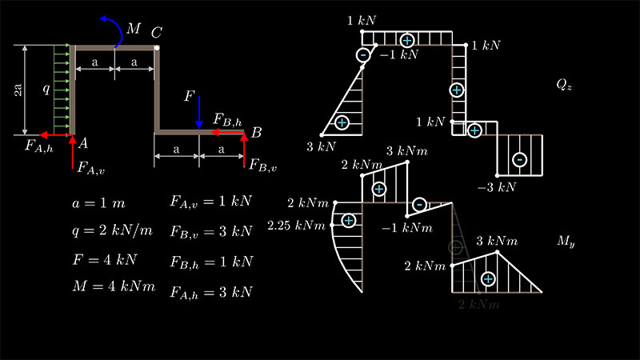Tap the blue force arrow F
tap(199, 111)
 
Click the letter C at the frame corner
tap(156, 33)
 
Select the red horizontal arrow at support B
tap(228, 134)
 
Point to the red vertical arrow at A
tap(74, 148)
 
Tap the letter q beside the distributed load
tap(46, 90)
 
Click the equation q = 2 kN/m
tap(111, 231)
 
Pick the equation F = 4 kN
tap(104, 260)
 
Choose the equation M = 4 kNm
tap(113, 287)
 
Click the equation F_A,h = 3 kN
tap(211, 291)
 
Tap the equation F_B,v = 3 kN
tap(211, 232)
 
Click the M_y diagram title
tap(567, 240)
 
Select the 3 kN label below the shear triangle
tap(320, 147)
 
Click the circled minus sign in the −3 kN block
tap(520, 159)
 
